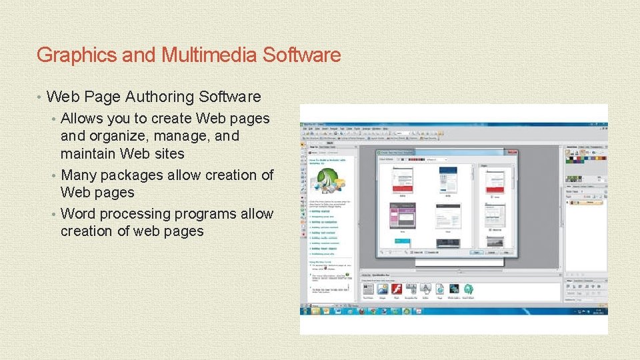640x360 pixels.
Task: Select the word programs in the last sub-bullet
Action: coord(206,214)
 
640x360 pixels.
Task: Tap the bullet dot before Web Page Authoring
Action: coord(41,97)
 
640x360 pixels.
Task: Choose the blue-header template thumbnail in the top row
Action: coord(447,178)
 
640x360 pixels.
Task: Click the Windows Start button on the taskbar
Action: coord(305,311)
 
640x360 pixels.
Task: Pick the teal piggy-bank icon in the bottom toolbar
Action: coord(468,289)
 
